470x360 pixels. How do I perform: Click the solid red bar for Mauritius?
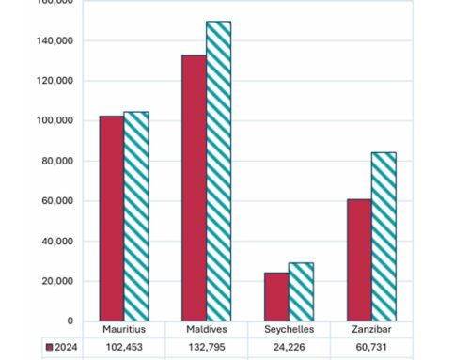[112, 218]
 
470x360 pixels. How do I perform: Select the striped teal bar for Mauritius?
[136, 216]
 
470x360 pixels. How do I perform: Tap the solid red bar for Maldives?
[194, 188]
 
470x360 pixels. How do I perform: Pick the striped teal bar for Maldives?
[218, 171]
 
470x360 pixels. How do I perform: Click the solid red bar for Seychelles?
[276, 296]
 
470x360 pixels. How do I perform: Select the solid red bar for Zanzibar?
[358, 259]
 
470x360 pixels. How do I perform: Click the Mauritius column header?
[124, 330]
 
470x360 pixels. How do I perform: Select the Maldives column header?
[206, 330]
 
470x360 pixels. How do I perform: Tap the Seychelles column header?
[289, 330]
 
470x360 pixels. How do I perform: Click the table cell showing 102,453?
[124, 347]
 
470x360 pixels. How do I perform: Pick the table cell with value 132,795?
[206, 347]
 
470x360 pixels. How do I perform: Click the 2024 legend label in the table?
[67, 347]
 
